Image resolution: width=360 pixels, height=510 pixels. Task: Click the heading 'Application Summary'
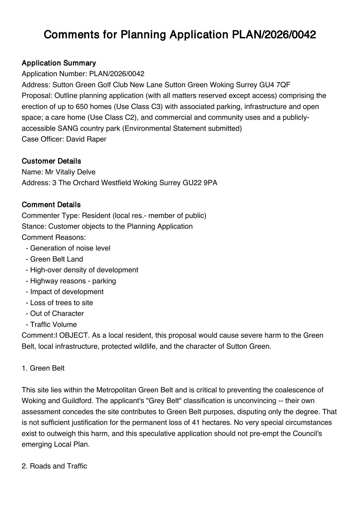[x=59, y=63]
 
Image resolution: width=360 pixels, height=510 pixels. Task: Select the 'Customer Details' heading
[x=51, y=161]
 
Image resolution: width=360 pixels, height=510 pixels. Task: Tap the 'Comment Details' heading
[x=51, y=205]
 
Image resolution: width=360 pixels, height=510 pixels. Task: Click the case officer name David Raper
[x=86, y=139]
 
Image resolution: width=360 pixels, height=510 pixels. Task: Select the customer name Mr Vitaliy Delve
[x=70, y=172]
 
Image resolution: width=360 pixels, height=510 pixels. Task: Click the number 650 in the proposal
[x=82, y=107]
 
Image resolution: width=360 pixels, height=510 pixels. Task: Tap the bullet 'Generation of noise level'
[x=70, y=248]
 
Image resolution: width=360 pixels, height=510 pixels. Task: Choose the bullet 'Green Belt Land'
[x=57, y=259]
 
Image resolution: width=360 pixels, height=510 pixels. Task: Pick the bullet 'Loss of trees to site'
[x=62, y=303]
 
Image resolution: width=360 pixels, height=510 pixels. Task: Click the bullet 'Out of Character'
[x=57, y=314]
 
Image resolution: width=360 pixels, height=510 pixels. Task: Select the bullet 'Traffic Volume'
[x=53, y=325]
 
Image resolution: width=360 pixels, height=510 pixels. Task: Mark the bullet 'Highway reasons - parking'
[x=73, y=281]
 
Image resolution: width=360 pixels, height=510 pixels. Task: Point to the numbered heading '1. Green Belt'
[x=43, y=368]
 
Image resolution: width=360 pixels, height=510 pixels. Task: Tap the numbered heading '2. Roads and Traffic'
[x=54, y=466]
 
